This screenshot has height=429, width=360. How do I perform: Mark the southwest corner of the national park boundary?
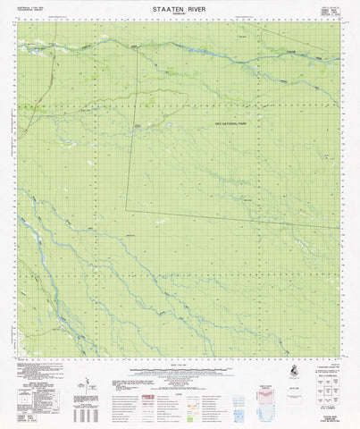125,210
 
